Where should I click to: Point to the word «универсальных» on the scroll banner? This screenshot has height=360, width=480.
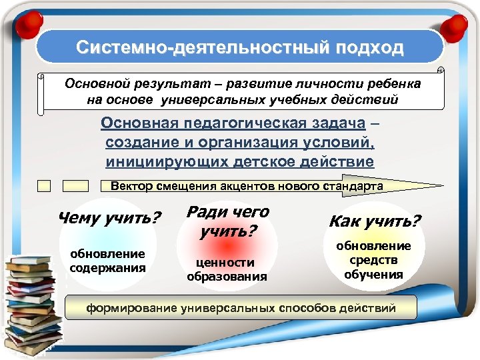coord(215,100)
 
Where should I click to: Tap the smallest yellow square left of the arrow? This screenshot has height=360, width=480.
coord(44,186)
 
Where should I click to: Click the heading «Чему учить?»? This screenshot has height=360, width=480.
coord(110,218)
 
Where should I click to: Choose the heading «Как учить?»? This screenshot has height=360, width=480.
coord(375,221)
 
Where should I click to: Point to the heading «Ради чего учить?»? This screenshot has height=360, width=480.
coord(227,222)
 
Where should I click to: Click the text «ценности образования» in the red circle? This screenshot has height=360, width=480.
coord(227,269)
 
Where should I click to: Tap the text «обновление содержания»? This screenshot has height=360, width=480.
coord(107,261)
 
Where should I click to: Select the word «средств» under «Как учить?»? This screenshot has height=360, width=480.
coord(373,260)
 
